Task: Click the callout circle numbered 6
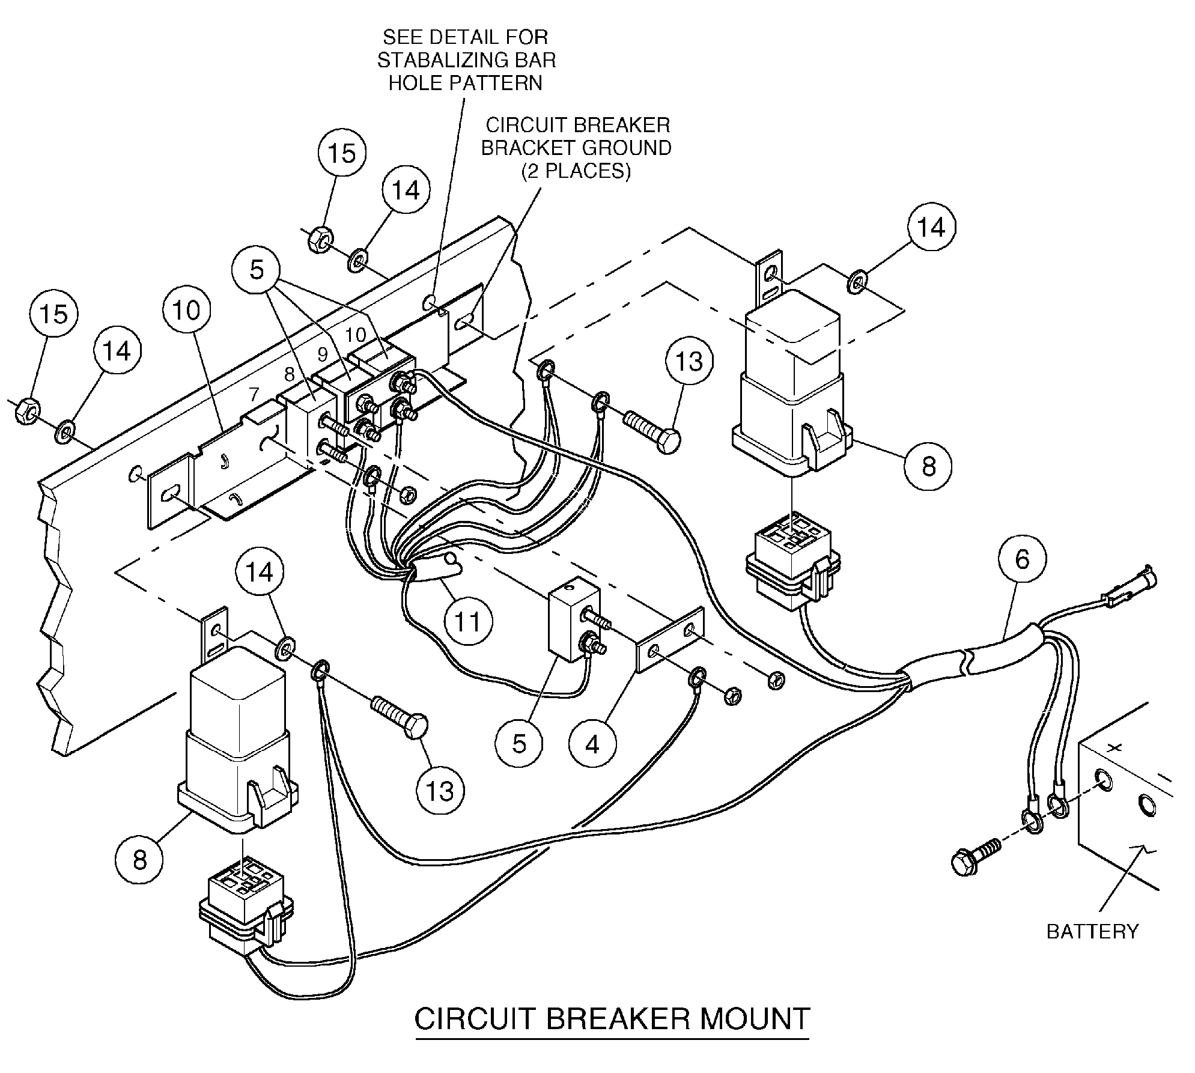coord(1022,559)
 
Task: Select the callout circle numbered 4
coord(592,744)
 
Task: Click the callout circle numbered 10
coord(186,311)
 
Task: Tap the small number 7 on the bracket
coord(254,395)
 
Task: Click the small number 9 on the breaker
coord(323,354)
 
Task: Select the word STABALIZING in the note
coord(466,60)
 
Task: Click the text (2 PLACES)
coord(576,171)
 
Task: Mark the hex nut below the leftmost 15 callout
coord(25,412)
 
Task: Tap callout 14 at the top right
coord(931,227)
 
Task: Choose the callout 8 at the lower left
coord(139,860)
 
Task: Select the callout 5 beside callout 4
coord(519,744)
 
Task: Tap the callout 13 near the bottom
coord(440,791)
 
